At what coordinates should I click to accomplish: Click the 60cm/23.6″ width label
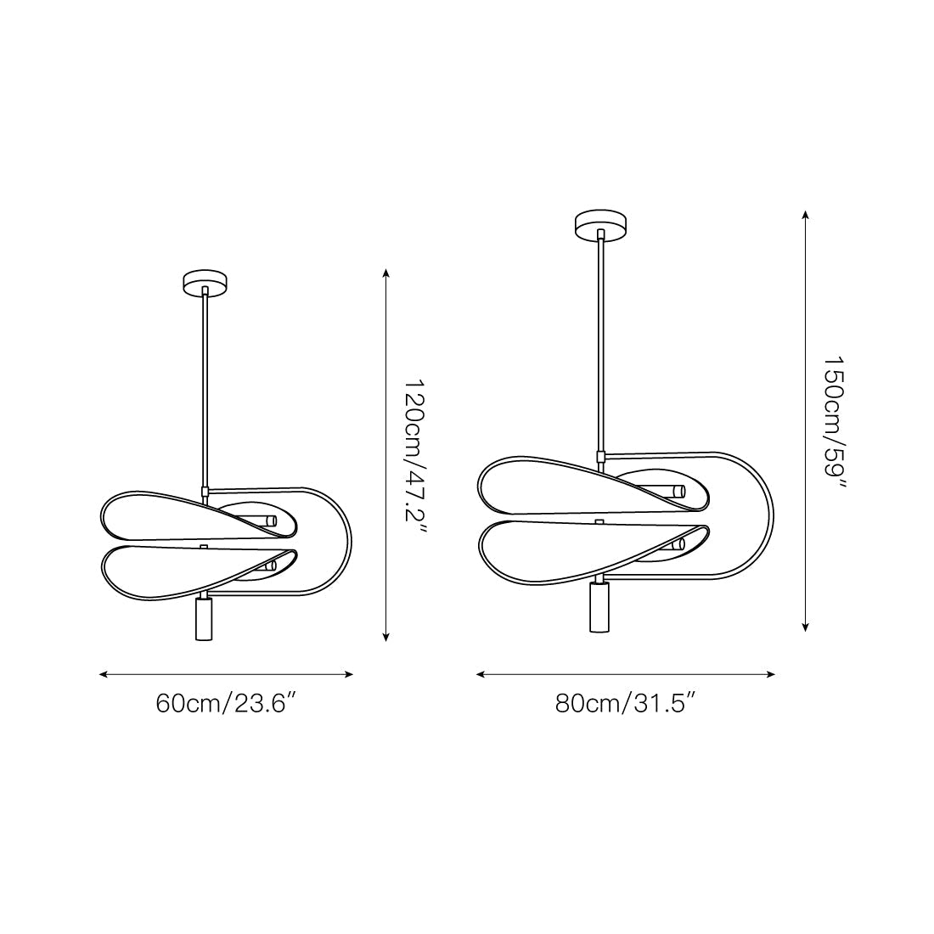[x=226, y=703]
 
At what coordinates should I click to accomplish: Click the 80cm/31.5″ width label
[x=626, y=703]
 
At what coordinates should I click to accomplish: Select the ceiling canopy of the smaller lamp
[x=205, y=282]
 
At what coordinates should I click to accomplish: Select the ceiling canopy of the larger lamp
[x=601, y=224]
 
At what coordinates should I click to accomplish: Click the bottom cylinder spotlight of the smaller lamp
[x=204, y=619]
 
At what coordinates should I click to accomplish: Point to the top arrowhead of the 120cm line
[x=386, y=273]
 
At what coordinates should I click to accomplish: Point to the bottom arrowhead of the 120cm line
[x=386, y=636]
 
